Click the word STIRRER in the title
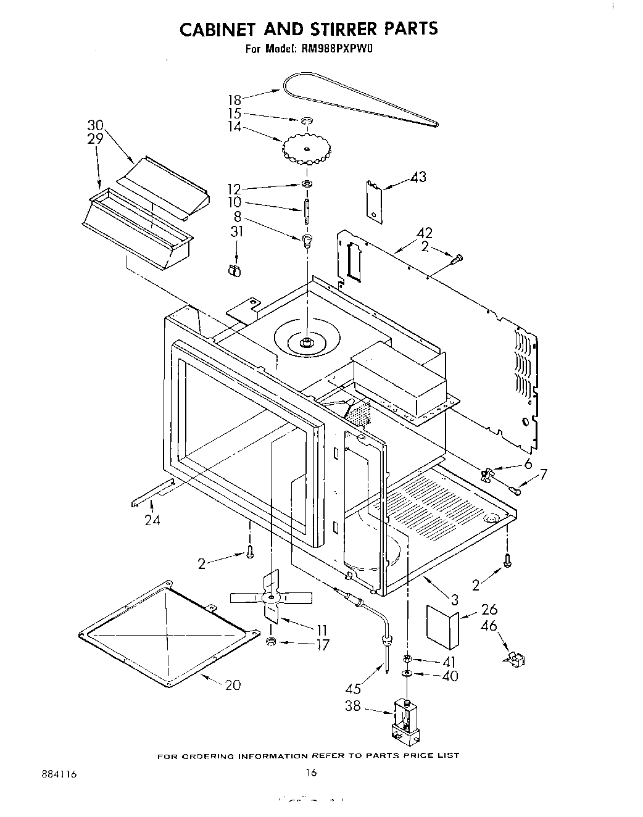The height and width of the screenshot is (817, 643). tap(318, 28)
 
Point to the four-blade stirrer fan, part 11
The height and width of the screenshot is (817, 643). tap(270, 599)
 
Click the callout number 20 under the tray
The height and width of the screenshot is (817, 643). tap(233, 684)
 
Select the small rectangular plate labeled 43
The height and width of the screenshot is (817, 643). tap(374, 201)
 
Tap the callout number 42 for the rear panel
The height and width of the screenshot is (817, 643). tap(424, 233)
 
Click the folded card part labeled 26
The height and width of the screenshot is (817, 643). tap(441, 626)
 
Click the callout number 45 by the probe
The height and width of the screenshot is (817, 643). tap(354, 689)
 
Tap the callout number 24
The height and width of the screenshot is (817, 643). tap(152, 520)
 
